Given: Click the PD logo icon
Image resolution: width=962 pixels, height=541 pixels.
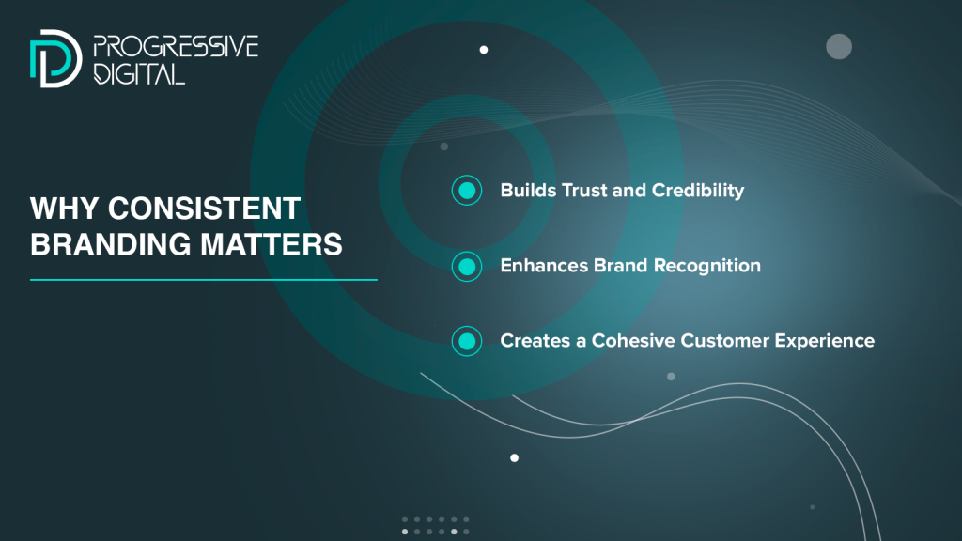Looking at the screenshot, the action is tap(55, 58).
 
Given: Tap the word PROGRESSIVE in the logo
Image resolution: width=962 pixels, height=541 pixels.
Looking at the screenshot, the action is tap(176, 47).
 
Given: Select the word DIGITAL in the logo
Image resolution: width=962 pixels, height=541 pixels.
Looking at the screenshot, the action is tap(139, 73).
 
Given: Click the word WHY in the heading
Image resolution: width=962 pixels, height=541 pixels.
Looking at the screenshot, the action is tap(64, 209).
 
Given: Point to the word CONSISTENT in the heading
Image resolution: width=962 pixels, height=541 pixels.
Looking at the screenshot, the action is tap(204, 209).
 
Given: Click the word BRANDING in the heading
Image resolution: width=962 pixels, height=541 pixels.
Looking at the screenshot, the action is tap(111, 244).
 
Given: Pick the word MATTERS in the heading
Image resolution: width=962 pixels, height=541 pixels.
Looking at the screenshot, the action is tap(272, 244).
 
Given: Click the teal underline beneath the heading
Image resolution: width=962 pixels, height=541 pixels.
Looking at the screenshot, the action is tap(204, 280).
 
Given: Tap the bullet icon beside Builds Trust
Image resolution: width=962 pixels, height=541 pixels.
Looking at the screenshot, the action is tap(467, 190).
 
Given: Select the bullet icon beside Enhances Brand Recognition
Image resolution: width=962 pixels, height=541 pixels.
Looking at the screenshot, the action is tap(467, 266).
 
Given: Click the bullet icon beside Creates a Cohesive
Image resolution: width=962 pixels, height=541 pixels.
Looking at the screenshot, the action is tap(467, 341).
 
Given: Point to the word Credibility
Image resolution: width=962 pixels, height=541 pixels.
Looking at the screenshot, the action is tap(698, 191).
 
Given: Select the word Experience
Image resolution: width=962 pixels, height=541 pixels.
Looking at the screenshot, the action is tap(825, 341).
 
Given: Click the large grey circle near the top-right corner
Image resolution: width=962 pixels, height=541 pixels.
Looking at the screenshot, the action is tap(839, 47).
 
